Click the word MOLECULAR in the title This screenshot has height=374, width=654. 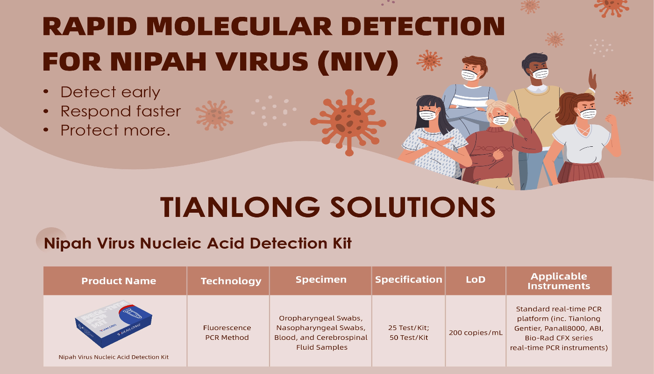(x=239, y=26)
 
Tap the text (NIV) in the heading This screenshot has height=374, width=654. (x=358, y=62)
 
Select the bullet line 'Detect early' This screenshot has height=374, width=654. (x=110, y=92)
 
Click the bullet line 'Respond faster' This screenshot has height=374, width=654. (x=121, y=111)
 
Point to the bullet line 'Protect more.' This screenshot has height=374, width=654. (x=115, y=130)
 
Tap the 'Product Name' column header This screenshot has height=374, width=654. (x=119, y=281)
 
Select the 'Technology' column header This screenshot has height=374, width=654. (x=231, y=281)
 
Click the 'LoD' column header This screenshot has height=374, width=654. (x=476, y=280)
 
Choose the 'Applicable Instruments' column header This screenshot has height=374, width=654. (x=559, y=281)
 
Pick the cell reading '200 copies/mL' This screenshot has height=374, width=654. (x=476, y=332)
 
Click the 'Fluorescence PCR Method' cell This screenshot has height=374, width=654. (x=227, y=332)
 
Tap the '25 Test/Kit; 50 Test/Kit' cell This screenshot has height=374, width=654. (x=408, y=332)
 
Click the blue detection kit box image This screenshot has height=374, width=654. (x=114, y=324)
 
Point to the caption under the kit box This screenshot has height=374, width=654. (x=114, y=357)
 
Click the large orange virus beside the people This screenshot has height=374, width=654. (x=348, y=122)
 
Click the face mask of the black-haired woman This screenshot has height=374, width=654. (x=428, y=115)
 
